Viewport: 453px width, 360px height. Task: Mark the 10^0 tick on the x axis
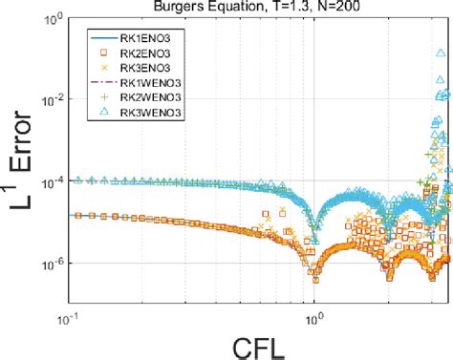tap(313, 307)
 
